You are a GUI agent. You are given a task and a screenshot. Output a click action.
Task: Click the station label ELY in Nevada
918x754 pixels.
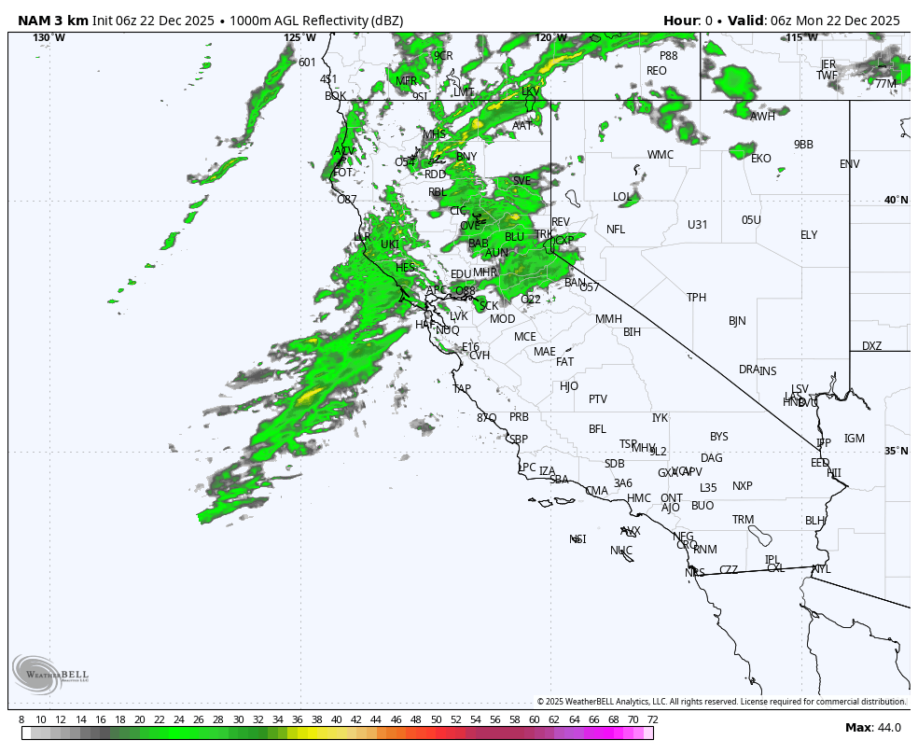tap(809, 235)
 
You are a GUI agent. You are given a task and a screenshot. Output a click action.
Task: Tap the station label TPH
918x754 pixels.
tap(697, 298)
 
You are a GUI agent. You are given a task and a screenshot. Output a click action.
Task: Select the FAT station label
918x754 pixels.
tap(564, 362)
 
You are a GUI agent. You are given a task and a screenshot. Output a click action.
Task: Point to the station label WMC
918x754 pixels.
tap(661, 155)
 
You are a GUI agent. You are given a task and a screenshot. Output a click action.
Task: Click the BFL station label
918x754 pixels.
tap(597, 429)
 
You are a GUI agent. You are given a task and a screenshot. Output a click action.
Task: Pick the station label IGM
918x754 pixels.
tap(855, 439)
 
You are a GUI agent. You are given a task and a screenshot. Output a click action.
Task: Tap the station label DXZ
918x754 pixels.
tap(871, 346)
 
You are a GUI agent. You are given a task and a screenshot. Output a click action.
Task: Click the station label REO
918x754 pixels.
tap(657, 71)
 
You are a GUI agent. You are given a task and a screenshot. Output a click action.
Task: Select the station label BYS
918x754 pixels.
tap(718, 437)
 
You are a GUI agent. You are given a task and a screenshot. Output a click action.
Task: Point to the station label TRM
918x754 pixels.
tap(743, 520)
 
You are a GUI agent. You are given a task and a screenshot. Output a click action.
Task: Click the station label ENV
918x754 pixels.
tap(849, 164)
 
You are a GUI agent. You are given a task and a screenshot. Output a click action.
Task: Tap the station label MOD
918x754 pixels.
tap(502, 319)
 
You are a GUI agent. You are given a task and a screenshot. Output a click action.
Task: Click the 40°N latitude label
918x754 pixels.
tap(896, 200)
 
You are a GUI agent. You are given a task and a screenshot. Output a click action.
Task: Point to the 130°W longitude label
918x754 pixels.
tap(49, 37)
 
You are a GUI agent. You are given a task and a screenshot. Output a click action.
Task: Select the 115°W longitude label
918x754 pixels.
tap(802, 37)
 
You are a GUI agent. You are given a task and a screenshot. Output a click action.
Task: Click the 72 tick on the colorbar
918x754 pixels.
tap(653, 719)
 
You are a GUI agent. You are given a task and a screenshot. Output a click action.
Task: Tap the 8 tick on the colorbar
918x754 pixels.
tap(21, 719)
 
